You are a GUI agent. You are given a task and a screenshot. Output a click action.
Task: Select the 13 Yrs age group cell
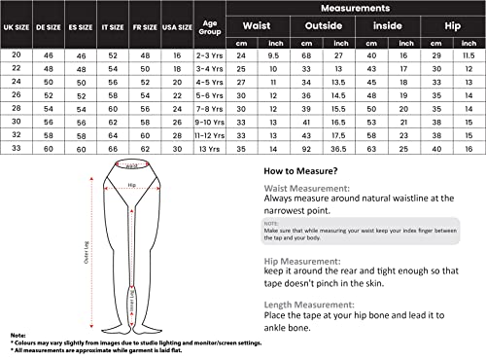point(208,151)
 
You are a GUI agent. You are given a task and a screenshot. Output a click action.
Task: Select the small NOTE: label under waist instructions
point(271,222)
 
